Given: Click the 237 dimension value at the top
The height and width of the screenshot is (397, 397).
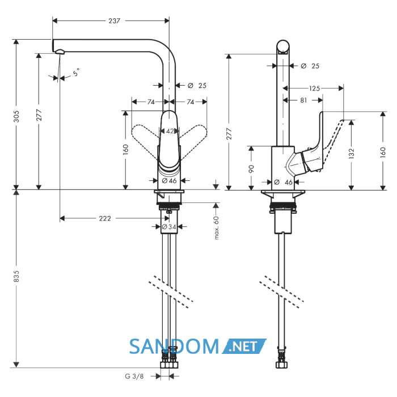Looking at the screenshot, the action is (x=114, y=21).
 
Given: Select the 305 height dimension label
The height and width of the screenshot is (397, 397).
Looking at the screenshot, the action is (x=16, y=116).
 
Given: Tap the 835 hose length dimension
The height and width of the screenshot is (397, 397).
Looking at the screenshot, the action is (x=16, y=276).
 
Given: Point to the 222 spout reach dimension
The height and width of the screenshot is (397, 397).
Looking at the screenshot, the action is (x=105, y=218).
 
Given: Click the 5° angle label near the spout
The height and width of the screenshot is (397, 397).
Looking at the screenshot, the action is (x=76, y=72).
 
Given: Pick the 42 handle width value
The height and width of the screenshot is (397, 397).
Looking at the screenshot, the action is (x=170, y=131).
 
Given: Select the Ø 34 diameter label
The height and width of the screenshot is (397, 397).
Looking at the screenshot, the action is (x=169, y=227).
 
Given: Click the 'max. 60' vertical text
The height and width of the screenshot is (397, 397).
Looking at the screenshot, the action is (x=217, y=227).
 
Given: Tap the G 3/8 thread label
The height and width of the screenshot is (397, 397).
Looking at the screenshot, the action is (x=134, y=376).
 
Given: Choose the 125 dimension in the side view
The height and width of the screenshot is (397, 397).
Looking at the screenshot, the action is (x=314, y=88).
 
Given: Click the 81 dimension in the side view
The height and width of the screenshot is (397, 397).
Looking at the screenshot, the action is (x=303, y=100).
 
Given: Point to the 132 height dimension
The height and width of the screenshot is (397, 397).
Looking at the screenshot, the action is (x=352, y=154).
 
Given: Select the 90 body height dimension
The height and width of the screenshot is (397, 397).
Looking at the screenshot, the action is (x=251, y=168).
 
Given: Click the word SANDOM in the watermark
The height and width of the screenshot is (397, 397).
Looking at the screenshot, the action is (x=174, y=347).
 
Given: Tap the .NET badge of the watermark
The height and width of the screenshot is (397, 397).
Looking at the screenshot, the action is (x=244, y=346).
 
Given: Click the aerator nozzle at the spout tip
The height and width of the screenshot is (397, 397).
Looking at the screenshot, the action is (x=60, y=52).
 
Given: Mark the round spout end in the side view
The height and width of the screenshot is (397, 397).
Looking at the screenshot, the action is (x=283, y=47).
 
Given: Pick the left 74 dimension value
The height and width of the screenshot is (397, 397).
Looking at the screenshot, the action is (x=151, y=102).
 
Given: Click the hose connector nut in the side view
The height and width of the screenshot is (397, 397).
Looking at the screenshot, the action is (x=281, y=365).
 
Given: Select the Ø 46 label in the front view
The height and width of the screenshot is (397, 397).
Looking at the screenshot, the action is (x=169, y=180).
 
